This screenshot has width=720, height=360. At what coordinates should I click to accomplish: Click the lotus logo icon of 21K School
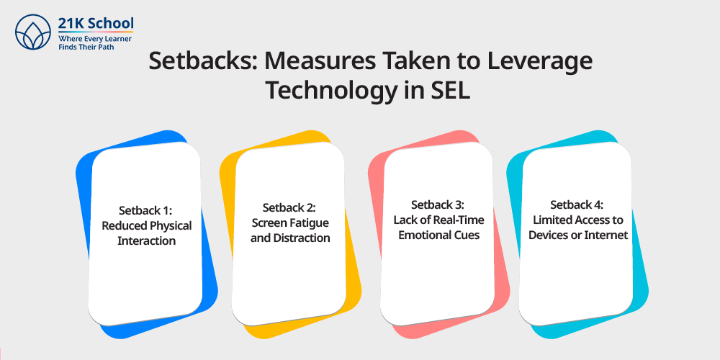[x=32, y=32]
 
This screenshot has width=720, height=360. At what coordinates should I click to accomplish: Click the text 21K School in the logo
[x=96, y=22]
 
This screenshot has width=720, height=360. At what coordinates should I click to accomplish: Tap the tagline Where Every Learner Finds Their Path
[x=95, y=42]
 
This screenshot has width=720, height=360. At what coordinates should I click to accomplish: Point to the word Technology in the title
[x=329, y=91]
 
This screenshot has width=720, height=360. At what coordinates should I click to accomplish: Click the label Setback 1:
[x=146, y=210]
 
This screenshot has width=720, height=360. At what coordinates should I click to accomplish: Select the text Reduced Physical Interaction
[x=146, y=233]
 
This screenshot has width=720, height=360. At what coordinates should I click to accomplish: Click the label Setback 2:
[x=289, y=207]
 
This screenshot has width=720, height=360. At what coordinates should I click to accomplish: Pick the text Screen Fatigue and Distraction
[x=290, y=231]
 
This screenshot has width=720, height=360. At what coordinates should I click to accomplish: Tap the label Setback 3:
[x=438, y=204]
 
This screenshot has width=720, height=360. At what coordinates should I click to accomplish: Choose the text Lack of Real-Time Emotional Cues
[x=438, y=228]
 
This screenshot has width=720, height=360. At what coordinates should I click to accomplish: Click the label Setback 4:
[x=577, y=204]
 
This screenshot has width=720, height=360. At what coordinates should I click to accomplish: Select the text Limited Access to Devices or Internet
[x=577, y=228]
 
